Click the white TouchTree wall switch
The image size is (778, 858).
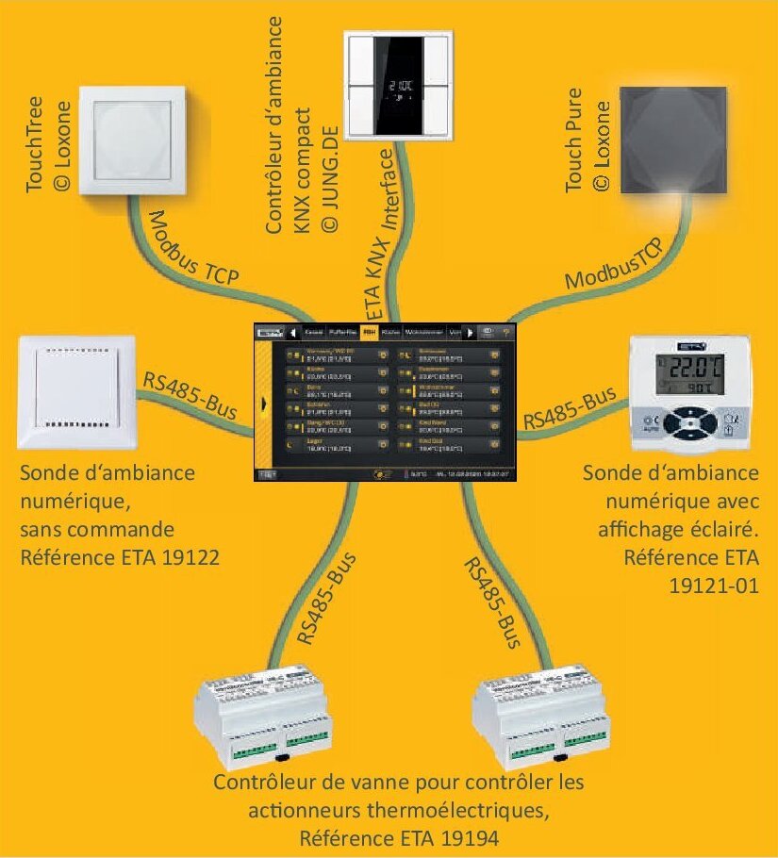[132, 140]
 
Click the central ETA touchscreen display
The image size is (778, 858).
[389, 402]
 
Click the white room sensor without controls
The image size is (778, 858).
[77, 395]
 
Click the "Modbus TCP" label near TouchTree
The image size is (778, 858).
[193, 250]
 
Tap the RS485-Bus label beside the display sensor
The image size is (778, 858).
[571, 406]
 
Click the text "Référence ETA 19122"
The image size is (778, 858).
[119, 558]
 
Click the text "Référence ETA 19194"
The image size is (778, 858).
[398, 837]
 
